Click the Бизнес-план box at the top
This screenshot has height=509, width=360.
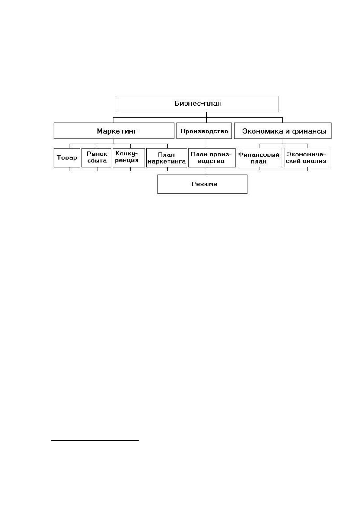click(197, 104)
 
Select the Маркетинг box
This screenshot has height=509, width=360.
click(114, 131)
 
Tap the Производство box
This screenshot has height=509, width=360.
click(204, 131)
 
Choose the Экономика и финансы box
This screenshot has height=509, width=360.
click(283, 131)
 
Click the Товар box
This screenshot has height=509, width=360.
click(67, 158)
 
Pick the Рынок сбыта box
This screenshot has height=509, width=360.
click(97, 158)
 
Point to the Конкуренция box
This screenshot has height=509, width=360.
click(129, 158)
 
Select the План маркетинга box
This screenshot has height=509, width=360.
click(167, 158)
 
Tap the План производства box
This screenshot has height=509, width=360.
click(212, 158)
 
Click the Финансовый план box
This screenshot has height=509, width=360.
click(260, 157)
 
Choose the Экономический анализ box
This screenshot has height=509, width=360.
click(306, 157)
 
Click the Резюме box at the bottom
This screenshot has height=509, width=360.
click(202, 184)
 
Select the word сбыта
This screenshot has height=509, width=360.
click(97, 161)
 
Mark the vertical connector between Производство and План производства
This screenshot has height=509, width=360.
click(207, 143)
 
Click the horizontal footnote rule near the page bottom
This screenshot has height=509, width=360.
click(95, 440)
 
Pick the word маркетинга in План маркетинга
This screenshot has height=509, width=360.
click(166, 162)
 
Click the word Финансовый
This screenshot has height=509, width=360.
click(259, 154)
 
